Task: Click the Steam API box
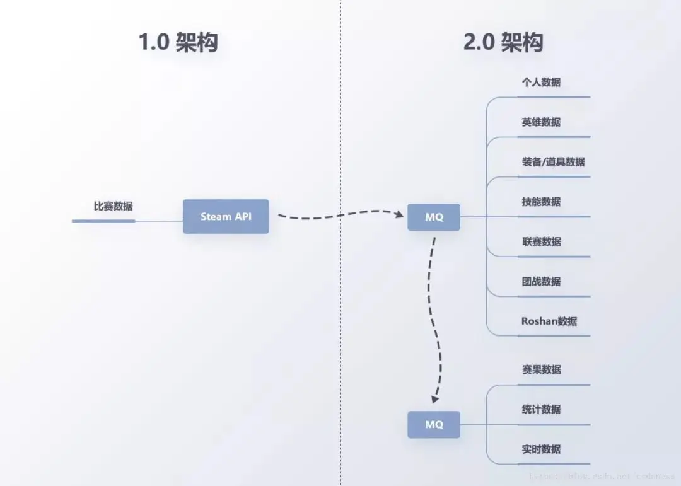coord(226,217)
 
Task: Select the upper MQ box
coord(434,217)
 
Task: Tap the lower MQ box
coord(434,425)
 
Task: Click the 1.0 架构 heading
coord(178,43)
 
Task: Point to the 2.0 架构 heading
coord(503,43)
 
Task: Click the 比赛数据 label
coord(113,206)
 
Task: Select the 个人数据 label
coord(541,82)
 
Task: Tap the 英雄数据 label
coord(541,122)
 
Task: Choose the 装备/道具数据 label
coord(553,162)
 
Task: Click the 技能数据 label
coord(541,202)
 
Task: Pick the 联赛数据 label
coord(541,241)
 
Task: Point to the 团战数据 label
coord(541,281)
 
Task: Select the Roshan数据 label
coord(549,321)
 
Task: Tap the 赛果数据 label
coord(541,369)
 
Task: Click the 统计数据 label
coord(541,409)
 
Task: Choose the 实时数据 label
coord(541,449)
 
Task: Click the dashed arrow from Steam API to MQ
coord(340,216)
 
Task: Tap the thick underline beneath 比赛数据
coord(103,221)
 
